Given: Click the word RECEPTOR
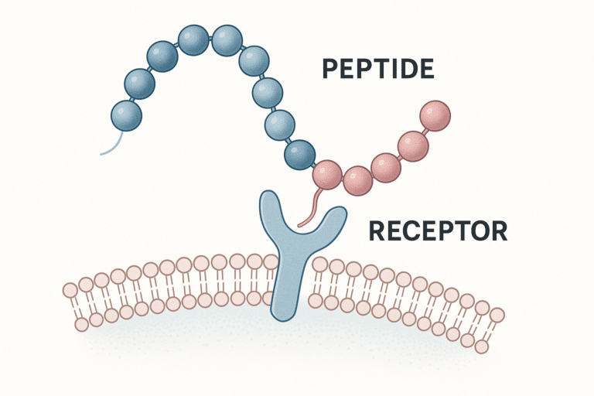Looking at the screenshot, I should click(x=437, y=230).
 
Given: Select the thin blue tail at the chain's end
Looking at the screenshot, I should click(x=111, y=143).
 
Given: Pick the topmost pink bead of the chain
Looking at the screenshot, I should click(x=435, y=114).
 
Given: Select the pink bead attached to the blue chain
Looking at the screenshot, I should click(x=329, y=174).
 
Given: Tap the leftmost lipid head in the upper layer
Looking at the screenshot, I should click(x=70, y=291).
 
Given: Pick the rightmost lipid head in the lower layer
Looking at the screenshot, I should click(x=482, y=346).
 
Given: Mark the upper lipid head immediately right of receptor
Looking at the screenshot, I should click(x=321, y=265).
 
